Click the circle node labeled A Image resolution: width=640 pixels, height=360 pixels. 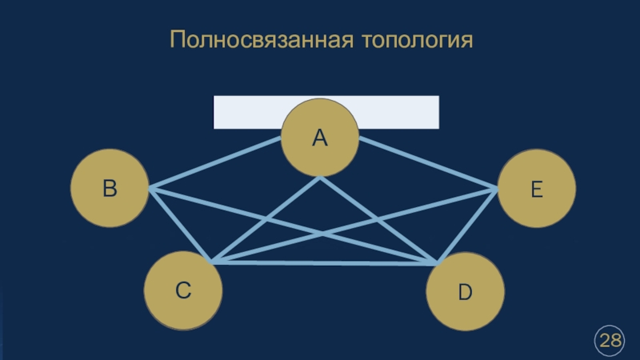(320, 138)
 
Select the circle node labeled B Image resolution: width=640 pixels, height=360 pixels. (110, 189)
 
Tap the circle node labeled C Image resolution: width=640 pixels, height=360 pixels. (183, 291)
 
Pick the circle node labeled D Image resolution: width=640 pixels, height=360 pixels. (465, 293)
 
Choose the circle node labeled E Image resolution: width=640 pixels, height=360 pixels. (536, 190)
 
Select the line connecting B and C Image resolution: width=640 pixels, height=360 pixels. (180, 226)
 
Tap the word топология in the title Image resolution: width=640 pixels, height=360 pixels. (416, 39)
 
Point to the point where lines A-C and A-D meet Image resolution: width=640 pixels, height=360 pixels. (320, 178)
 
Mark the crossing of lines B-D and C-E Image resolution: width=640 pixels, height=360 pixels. (322, 233)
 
